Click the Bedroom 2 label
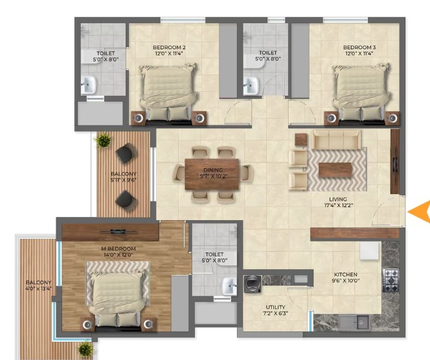click(x=169, y=47)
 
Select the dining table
click(x=212, y=174)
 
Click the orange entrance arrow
click(x=419, y=211)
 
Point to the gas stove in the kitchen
click(x=390, y=280)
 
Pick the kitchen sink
click(x=354, y=322)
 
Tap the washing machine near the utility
click(x=253, y=284)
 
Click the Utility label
click(x=275, y=307)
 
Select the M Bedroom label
click(x=119, y=249)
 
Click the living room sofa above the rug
click(x=337, y=139)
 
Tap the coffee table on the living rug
click(x=335, y=170)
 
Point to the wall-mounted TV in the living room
click(x=395, y=162)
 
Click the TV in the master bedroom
click(x=119, y=231)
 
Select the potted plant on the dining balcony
click(x=103, y=140)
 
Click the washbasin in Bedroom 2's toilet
click(x=88, y=84)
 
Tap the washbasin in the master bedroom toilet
click(x=229, y=286)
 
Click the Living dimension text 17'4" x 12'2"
click(x=338, y=205)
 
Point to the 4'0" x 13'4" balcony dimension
click(x=39, y=288)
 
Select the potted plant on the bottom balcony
click(x=85, y=349)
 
